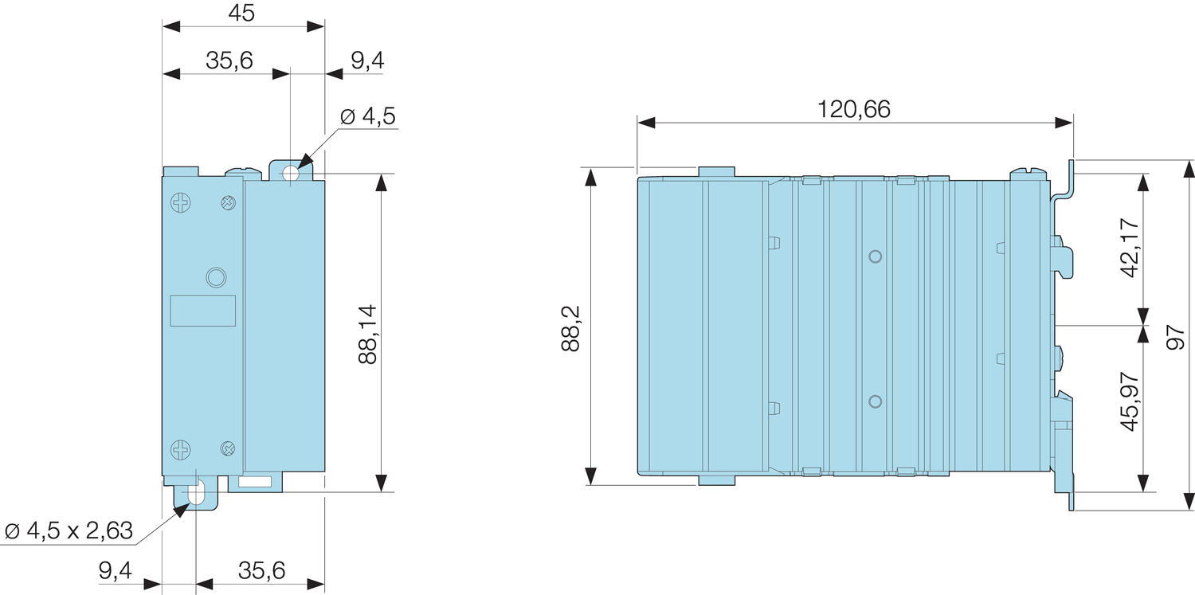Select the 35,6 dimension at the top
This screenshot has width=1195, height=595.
click(x=229, y=61)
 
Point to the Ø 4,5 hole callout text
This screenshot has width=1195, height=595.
click(x=367, y=116)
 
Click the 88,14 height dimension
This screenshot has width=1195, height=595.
click(x=367, y=334)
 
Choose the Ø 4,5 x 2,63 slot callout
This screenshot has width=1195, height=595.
click(x=68, y=530)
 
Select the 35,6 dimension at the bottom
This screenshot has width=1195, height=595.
click(x=260, y=571)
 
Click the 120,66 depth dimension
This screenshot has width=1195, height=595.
click(x=854, y=109)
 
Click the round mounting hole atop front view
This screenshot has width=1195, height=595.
click(x=291, y=172)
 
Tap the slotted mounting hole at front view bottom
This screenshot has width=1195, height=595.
click(x=196, y=491)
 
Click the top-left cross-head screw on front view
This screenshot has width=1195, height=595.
click(x=181, y=203)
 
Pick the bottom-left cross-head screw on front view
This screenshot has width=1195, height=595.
click(x=181, y=449)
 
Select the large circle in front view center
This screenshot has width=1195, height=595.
click(x=214, y=277)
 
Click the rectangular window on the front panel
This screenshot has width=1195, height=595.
click(x=204, y=310)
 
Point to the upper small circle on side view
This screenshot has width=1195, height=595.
click(x=875, y=256)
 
